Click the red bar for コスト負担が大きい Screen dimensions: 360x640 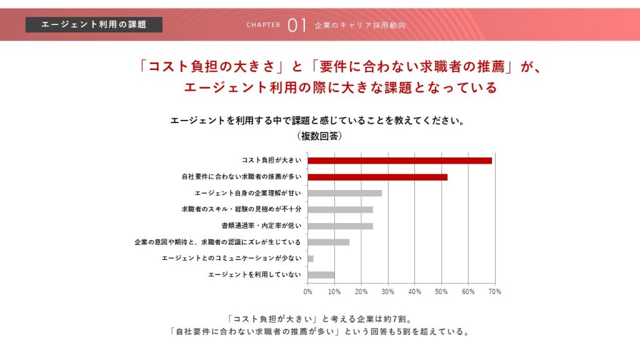pyautogui.click(x=400, y=161)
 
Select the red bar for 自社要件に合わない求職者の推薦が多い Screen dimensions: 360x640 pyautogui.click(x=377, y=177)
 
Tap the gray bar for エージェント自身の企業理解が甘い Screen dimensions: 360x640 pyautogui.click(x=344, y=193)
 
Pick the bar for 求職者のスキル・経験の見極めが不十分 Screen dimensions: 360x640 pyautogui.click(x=340, y=209)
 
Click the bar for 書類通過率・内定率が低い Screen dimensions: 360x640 pyautogui.click(x=340, y=226)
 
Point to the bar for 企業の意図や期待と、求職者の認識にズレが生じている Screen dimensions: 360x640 pyautogui.click(x=328, y=242)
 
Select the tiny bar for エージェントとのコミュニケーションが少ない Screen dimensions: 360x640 pyautogui.click(x=311, y=258)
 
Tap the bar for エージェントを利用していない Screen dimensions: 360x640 pyautogui.click(x=321, y=274)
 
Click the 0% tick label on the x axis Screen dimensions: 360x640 pyautogui.click(x=307, y=291)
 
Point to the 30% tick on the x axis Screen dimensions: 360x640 pyautogui.click(x=387, y=291)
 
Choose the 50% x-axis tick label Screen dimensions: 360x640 pyautogui.click(x=441, y=291)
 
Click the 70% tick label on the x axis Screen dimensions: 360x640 pyautogui.click(x=494, y=291)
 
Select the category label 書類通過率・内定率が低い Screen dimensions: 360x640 pyautogui.click(x=261, y=226)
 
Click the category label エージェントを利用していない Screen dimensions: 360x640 pyautogui.click(x=254, y=274)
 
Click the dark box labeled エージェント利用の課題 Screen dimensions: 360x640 pyautogui.click(x=94, y=24)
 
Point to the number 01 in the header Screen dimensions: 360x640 pyautogui.click(x=297, y=25)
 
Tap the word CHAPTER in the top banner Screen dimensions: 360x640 pyautogui.click(x=263, y=26)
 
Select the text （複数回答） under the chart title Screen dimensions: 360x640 pyautogui.click(x=319, y=136)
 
